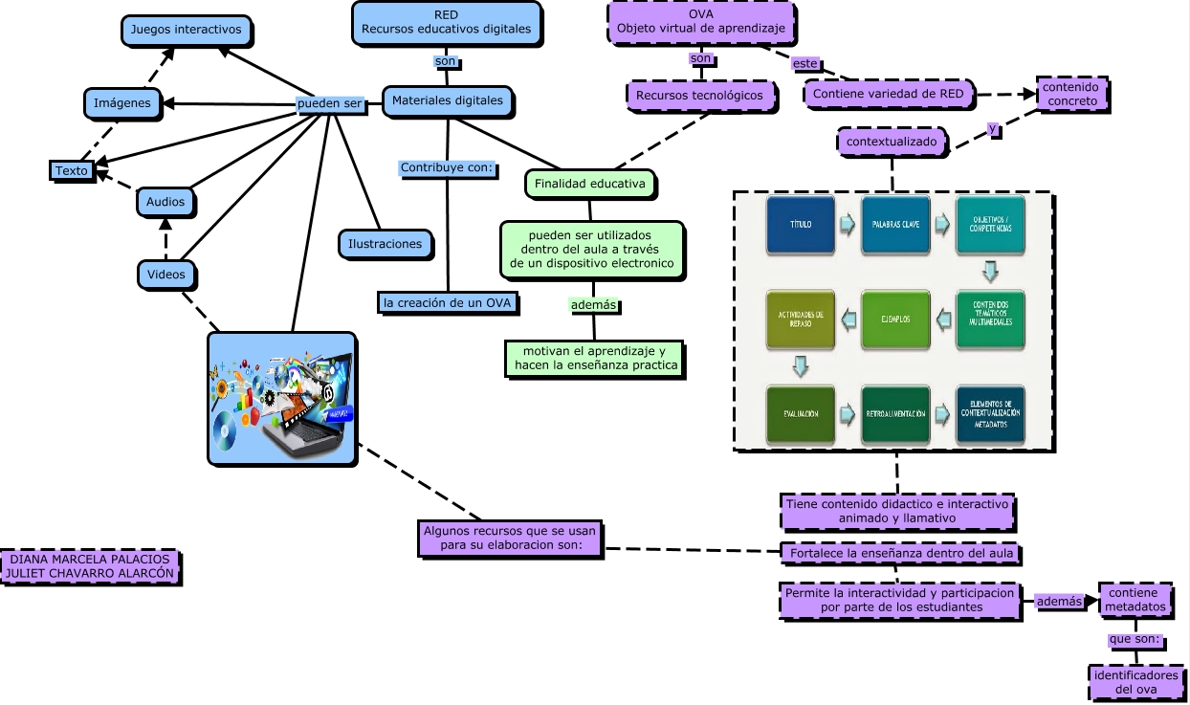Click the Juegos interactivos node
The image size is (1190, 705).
[187, 30]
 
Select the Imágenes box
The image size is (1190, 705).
[121, 102]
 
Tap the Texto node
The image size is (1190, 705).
[72, 170]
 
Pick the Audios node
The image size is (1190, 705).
[165, 202]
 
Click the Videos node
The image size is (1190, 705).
[165, 275]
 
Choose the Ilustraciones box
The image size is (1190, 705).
[386, 244]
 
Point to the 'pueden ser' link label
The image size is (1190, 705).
[331, 103]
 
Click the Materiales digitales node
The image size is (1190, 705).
[448, 100]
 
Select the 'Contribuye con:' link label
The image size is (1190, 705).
[447, 167]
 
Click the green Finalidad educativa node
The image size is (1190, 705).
[589, 183]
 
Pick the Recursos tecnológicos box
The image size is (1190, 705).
[699, 95]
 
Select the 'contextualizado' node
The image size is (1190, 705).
[892, 143]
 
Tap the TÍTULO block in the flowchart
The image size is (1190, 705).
[801, 225]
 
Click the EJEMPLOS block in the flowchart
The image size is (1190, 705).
[895, 319]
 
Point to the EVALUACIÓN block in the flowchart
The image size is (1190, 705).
[801, 413]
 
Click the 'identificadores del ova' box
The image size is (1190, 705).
[1135, 682]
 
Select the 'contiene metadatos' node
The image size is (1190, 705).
[1135, 600]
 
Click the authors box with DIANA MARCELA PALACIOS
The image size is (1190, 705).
[90, 566]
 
